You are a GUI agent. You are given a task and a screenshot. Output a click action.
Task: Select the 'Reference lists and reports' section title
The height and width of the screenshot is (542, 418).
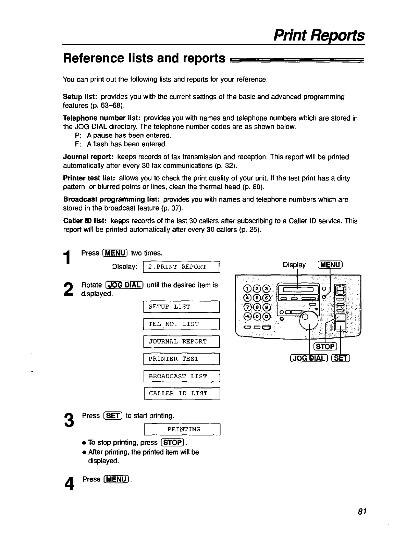144,59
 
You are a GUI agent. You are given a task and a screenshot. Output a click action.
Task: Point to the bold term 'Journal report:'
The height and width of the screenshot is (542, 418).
88,157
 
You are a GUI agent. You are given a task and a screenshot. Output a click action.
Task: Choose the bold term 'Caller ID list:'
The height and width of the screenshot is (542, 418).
85,221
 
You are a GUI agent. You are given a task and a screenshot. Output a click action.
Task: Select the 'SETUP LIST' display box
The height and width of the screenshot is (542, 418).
181,307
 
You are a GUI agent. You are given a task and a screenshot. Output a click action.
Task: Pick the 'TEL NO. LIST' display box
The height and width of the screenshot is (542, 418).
181,324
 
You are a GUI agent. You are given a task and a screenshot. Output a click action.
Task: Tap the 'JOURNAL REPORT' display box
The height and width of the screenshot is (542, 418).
181,342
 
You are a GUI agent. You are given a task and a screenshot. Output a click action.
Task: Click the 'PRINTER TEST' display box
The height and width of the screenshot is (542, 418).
181,359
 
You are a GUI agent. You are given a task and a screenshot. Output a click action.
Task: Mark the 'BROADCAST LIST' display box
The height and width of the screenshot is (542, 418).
181,377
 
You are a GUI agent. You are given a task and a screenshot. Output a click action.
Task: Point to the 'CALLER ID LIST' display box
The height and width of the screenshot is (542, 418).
181,394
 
